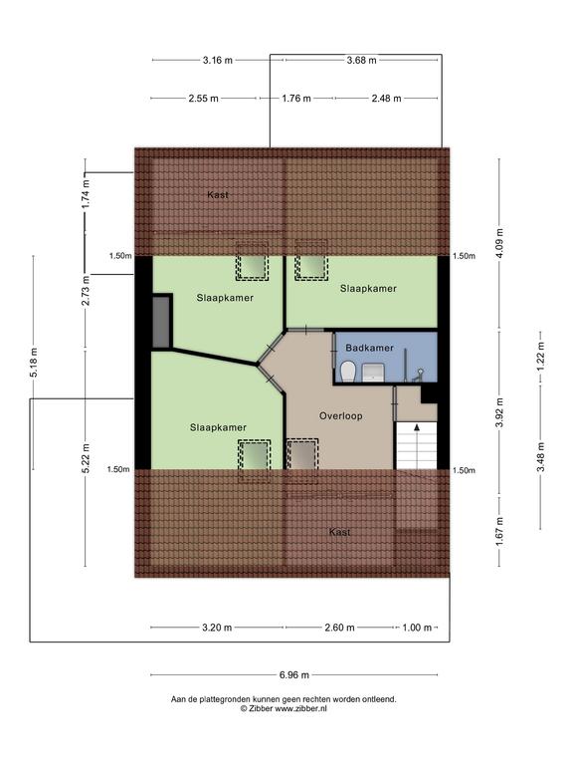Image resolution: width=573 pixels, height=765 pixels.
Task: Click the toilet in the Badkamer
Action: [348, 372]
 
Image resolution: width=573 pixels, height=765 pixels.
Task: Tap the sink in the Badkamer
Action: [374, 373]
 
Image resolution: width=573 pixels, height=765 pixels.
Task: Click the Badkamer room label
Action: [369, 348]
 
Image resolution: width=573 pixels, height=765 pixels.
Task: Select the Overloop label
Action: [340, 416]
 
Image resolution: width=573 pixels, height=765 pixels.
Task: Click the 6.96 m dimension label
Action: [293, 675]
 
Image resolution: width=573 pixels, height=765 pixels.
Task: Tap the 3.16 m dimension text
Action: [217, 61]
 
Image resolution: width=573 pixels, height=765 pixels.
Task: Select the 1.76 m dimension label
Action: [296, 99]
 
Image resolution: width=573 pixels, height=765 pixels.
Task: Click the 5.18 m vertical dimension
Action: [34, 363]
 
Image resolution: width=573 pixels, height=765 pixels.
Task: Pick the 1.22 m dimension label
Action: [541, 357]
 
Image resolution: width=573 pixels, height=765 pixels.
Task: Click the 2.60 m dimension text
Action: [339, 628]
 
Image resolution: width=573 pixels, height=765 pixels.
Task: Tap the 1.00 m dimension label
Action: [417, 628]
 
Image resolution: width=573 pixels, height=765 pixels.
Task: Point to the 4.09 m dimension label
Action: [500, 243]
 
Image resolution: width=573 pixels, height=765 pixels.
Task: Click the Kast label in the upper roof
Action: [217, 195]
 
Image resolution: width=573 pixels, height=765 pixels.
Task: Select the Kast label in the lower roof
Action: [339, 532]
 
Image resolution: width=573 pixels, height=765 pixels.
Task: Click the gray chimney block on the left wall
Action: [162, 322]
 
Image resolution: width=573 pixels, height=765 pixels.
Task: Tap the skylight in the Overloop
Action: [302, 455]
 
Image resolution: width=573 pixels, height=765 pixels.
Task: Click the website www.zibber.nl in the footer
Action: [300, 709]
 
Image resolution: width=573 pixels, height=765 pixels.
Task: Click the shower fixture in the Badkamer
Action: [418, 375]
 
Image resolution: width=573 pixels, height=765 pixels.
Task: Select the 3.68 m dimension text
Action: [361, 61]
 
